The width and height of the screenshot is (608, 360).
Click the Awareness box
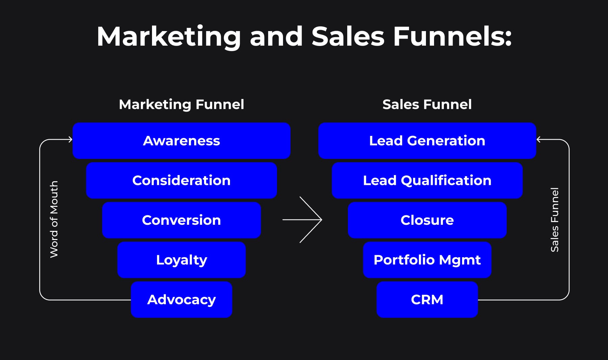(x=181, y=141)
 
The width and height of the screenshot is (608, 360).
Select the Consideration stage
(x=181, y=181)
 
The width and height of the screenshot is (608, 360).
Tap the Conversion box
(x=181, y=220)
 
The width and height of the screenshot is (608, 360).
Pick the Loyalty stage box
(x=181, y=260)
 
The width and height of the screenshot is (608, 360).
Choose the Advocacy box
(x=181, y=299)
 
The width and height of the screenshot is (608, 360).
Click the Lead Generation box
(x=427, y=141)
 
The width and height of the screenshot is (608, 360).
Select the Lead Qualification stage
(x=427, y=181)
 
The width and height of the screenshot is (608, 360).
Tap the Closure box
(x=427, y=220)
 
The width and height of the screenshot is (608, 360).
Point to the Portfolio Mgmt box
(x=427, y=260)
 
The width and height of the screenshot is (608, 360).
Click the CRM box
(x=427, y=299)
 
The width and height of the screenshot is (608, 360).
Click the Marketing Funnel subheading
(x=181, y=104)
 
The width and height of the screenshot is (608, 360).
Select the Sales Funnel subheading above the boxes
(x=427, y=104)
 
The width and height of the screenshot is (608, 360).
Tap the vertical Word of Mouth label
(x=54, y=219)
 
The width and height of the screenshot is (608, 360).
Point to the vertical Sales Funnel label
(x=555, y=220)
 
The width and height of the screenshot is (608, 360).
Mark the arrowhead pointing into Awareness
(x=70, y=139)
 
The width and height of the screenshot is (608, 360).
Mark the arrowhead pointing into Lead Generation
(x=539, y=139)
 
